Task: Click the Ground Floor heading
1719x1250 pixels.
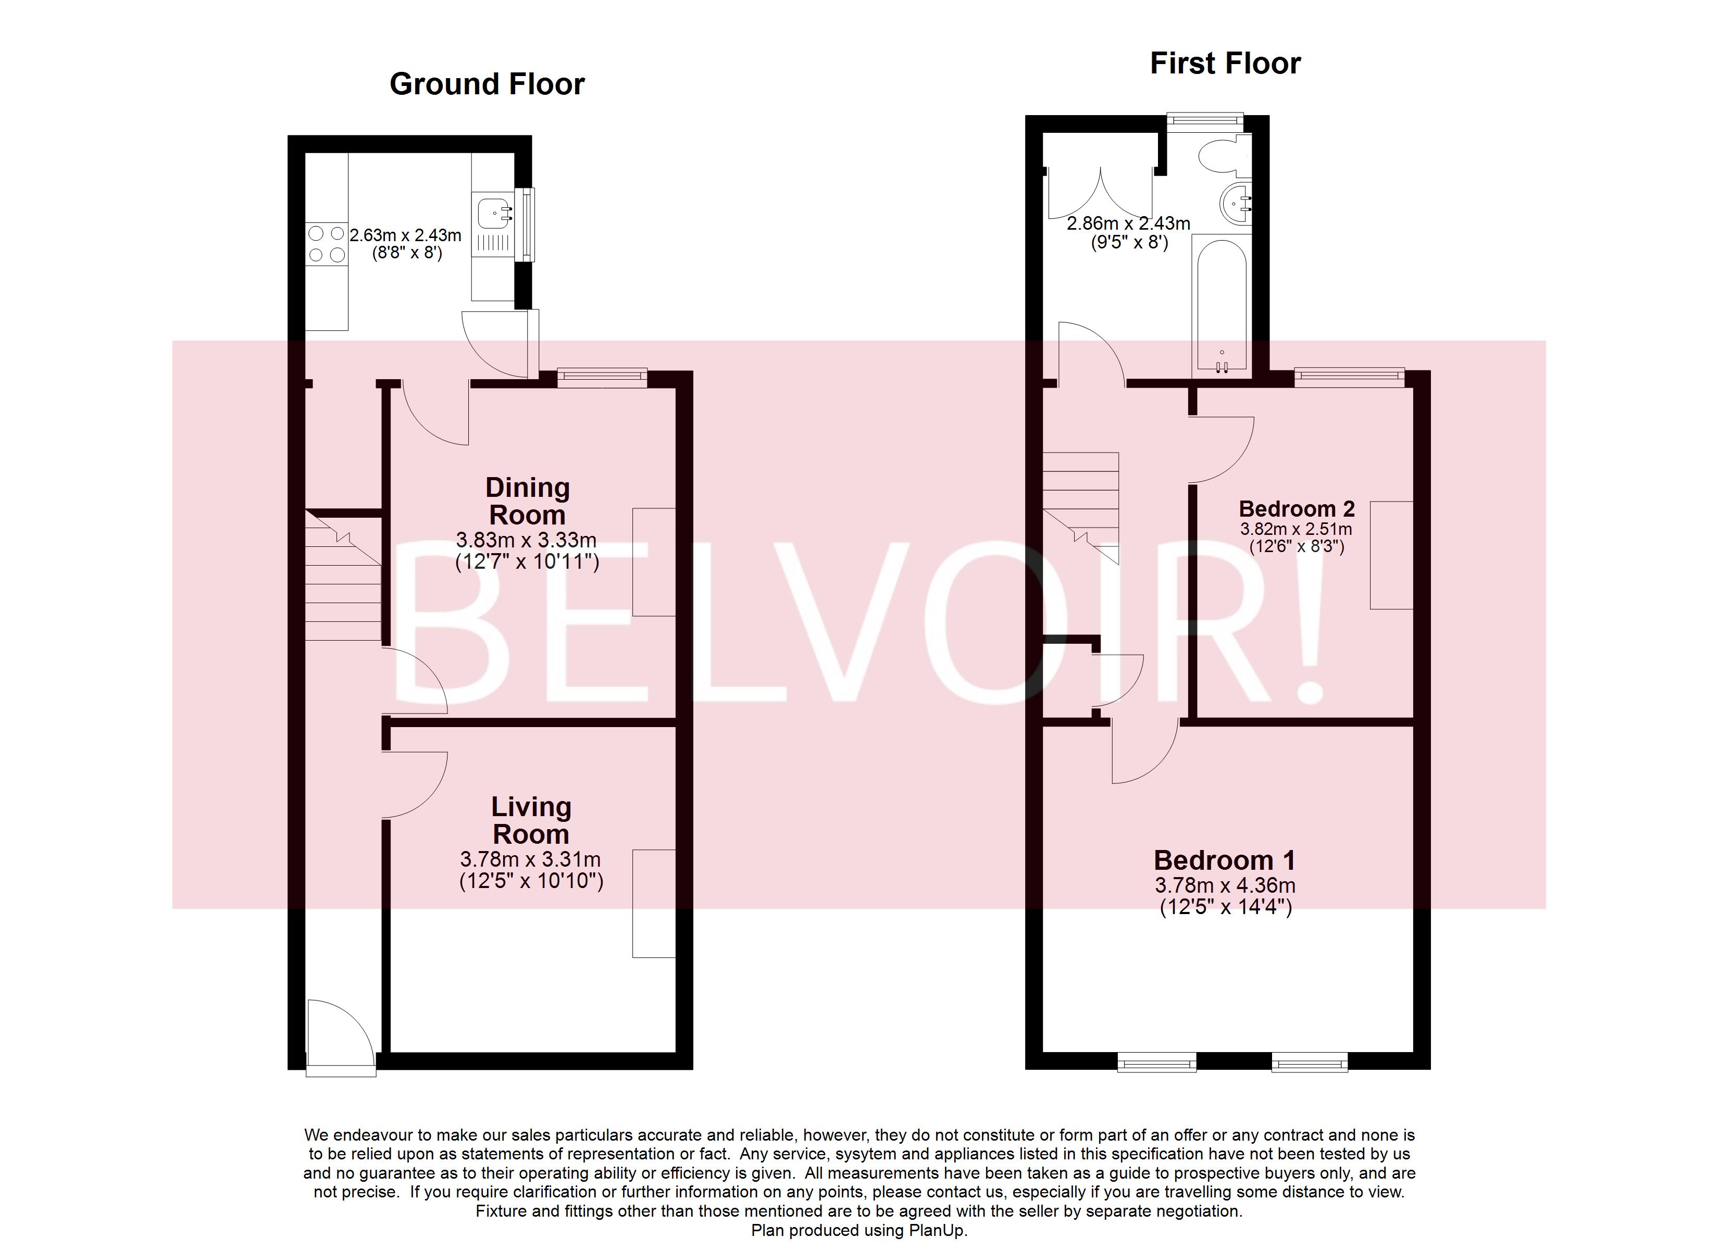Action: point(487,84)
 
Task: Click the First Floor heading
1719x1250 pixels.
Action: point(1225,64)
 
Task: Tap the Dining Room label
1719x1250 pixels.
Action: point(528,501)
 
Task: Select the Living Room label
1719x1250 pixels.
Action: point(531,820)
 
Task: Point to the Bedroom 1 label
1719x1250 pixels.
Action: point(1224,860)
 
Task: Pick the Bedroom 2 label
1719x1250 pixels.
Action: point(1296,509)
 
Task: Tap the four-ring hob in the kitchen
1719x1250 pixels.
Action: point(327,244)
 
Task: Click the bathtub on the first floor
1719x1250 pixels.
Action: point(1219,303)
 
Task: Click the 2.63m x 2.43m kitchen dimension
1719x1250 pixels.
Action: point(405,235)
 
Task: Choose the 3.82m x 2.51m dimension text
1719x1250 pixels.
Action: point(1296,529)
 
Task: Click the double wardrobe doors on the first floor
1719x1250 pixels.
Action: point(1100,193)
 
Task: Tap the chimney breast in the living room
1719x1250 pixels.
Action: point(653,904)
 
